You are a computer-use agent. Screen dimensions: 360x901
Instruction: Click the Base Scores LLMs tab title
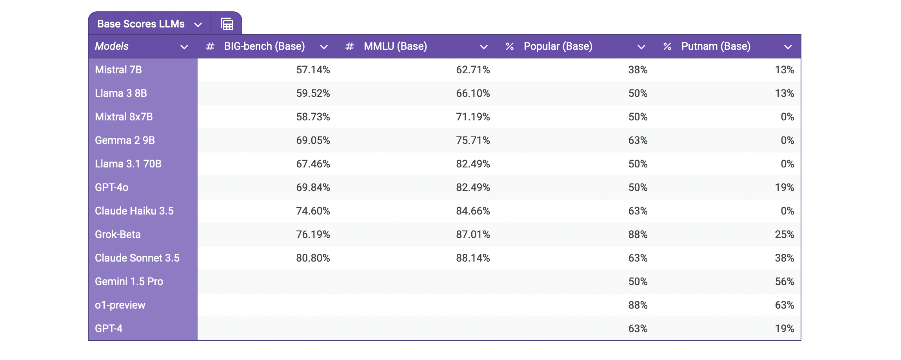pos(141,24)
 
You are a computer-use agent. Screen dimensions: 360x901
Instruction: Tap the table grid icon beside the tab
pos(227,24)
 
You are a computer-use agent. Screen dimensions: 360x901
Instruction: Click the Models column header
pos(112,46)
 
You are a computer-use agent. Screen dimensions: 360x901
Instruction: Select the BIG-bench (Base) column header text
pos(264,46)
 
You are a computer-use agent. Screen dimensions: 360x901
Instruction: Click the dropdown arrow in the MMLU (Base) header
pos(483,47)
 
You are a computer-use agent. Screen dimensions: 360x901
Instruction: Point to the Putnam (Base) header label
pos(716,46)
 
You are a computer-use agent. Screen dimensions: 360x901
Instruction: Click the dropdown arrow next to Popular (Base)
pos(641,47)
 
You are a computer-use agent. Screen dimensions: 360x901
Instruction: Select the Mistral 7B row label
pos(118,70)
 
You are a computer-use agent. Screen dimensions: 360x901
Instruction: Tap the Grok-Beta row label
pos(118,235)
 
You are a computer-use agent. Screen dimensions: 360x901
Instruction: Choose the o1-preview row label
pos(120,305)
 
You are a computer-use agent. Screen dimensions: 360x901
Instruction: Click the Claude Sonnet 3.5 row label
pos(137,258)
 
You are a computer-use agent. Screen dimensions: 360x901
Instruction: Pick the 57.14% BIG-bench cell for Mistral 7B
pos(313,70)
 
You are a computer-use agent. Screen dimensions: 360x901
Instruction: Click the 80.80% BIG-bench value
pos(313,258)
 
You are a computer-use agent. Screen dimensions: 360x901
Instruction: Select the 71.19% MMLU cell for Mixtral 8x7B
pos(473,117)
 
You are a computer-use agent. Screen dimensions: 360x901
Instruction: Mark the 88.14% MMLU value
pos(473,258)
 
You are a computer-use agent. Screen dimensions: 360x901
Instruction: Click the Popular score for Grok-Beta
pos(638,235)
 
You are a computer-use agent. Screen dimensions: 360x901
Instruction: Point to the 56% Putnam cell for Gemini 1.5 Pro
pos(784,282)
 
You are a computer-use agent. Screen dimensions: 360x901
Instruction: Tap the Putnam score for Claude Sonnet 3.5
pos(784,258)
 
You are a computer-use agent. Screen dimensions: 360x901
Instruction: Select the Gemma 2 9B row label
pos(125,140)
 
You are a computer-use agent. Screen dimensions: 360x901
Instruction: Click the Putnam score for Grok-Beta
pos(784,235)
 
